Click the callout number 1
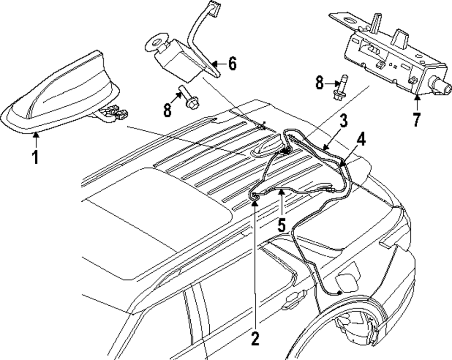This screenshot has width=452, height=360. pyautogui.click(x=35, y=157)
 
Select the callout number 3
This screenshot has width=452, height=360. pyautogui.click(x=344, y=121)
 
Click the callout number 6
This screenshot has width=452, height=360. pyautogui.click(x=231, y=64)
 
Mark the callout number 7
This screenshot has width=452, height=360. pyautogui.click(x=416, y=119)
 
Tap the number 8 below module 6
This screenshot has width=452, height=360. pyautogui.click(x=168, y=110)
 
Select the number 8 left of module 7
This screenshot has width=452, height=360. pyautogui.click(x=320, y=83)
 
